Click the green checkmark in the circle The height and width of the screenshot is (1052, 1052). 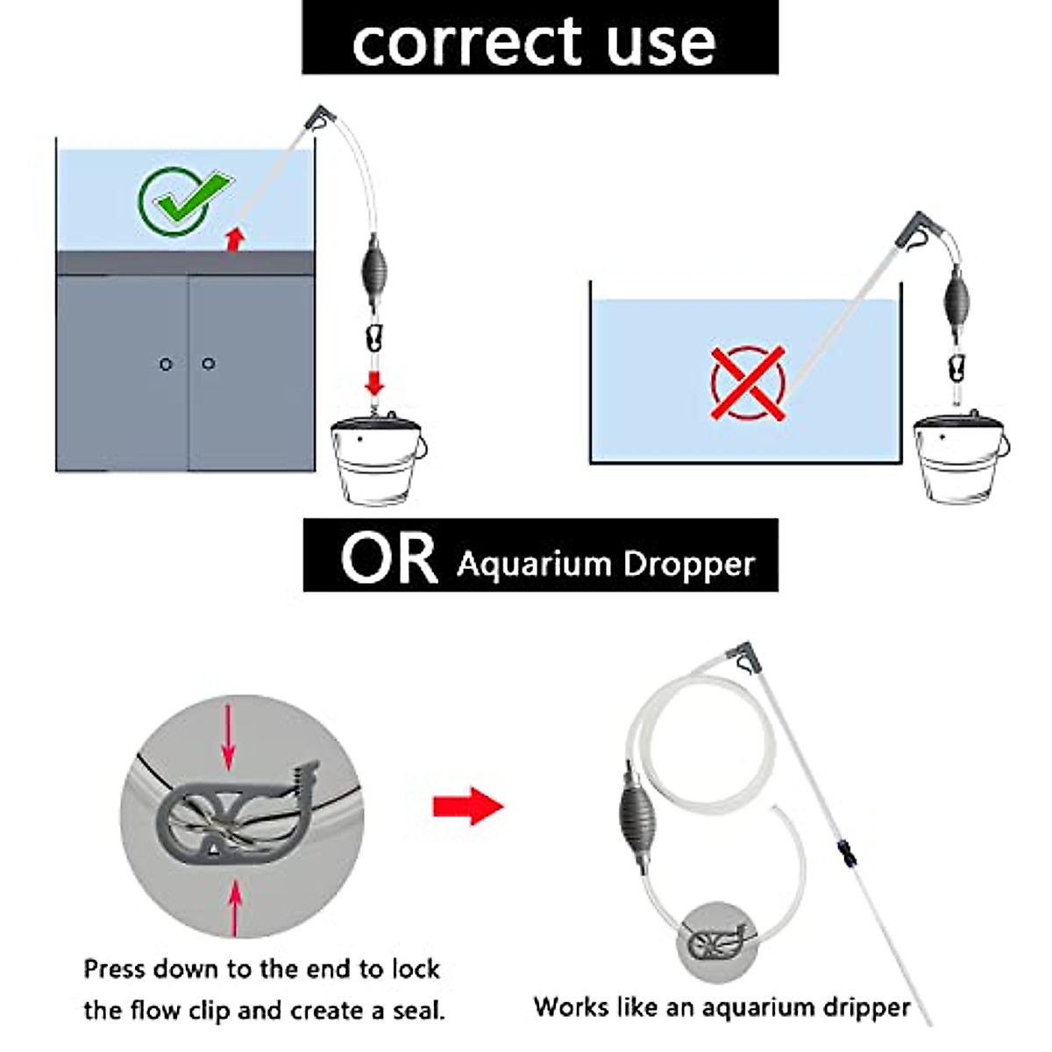(184, 200)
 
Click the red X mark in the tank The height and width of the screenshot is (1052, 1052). (748, 383)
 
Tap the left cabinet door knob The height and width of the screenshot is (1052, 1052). (166, 364)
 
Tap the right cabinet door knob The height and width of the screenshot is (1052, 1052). (208, 363)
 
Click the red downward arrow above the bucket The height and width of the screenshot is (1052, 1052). (375, 382)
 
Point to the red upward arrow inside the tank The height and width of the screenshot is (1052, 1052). (233, 238)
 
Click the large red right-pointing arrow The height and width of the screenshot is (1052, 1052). (468, 805)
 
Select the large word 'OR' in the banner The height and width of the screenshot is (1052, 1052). (388, 558)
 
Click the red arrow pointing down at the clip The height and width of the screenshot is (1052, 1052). (229, 737)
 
